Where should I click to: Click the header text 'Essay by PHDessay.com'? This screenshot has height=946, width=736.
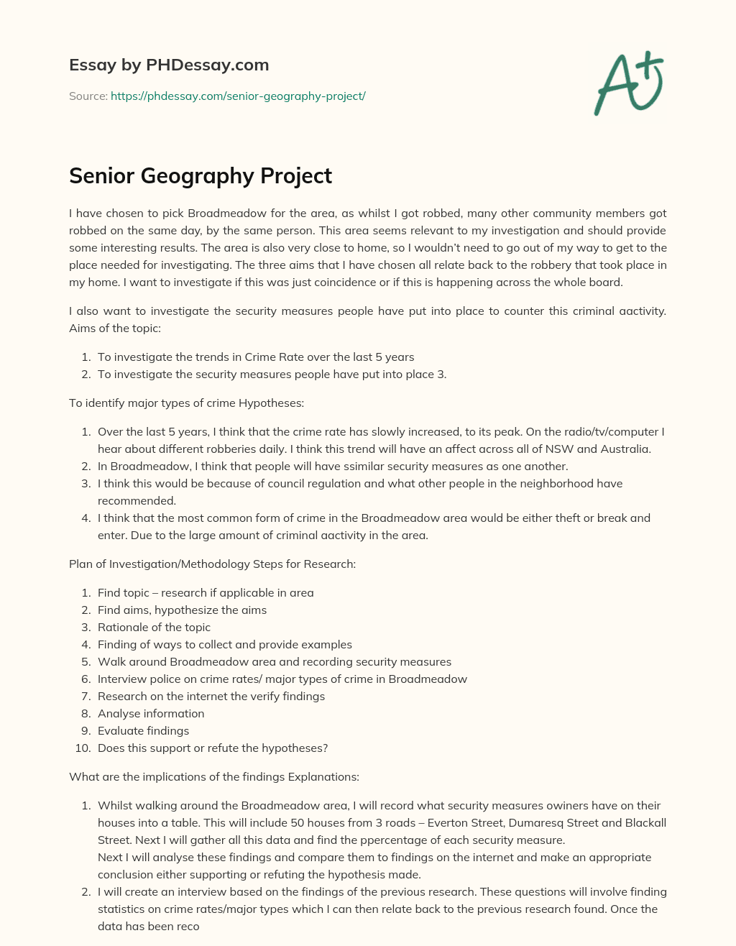(x=169, y=65)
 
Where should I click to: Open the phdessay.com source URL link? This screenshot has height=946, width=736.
(x=238, y=96)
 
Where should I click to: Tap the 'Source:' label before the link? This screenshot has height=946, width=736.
(x=88, y=96)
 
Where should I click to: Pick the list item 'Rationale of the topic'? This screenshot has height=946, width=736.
(x=154, y=627)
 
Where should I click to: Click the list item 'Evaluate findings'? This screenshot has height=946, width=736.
(x=143, y=730)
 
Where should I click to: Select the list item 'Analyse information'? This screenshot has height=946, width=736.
(x=151, y=713)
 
